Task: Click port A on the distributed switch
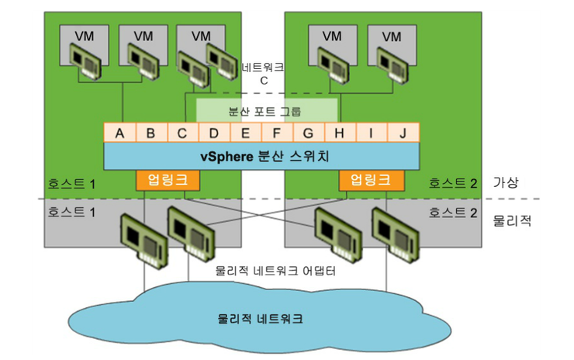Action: pyautogui.click(x=119, y=133)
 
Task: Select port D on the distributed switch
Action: pyautogui.click(x=213, y=133)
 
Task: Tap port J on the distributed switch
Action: pyautogui.click(x=403, y=133)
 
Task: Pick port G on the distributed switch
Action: pyautogui.click(x=308, y=133)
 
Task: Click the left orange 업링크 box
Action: pyautogui.click(x=167, y=181)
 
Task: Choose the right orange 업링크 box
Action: pyautogui.click(x=371, y=181)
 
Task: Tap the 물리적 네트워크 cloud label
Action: pyautogui.click(x=260, y=319)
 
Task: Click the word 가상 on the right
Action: pyautogui.click(x=505, y=182)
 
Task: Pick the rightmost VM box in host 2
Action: pyautogui.click(x=392, y=36)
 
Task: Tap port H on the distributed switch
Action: pyautogui.click(x=339, y=133)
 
